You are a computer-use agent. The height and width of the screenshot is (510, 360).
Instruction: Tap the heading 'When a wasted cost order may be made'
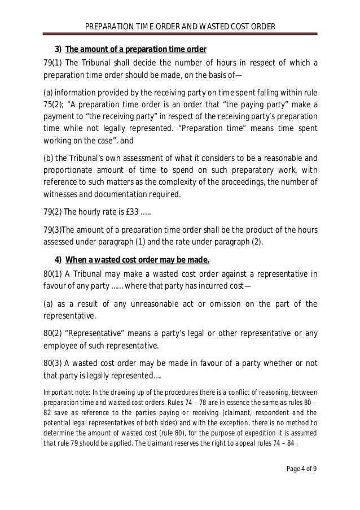point(138,260)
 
